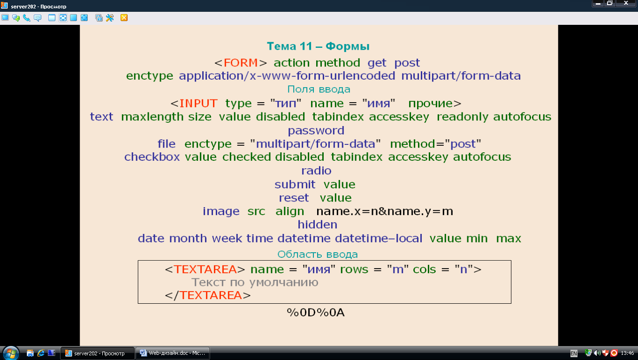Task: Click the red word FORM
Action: pyautogui.click(x=241, y=63)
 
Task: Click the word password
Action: pyautogui.click(x=316, y=131)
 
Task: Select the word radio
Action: pyautogui.click(x=316, y=171)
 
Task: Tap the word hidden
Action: pyautogui.click(x=317, y=225)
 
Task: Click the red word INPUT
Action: pyautogui.click(x=198, y=103)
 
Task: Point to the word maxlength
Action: pyautogui.click(x=152, y=117)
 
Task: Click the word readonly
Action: pyautogui.click(x=462, y=117)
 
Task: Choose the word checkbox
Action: pyautogui.click(x=152, y=157)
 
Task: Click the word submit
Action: pyautogui.click(x=295, y=184)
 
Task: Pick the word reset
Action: pyautogui.click(x=294, y=198)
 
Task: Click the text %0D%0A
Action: pyautogui.click(x=316, y=313)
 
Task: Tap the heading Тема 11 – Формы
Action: pyautogui.click(x=318, y=46)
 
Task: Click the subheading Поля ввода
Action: pyautogui.click(x=319, y=90)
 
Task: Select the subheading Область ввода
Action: pyautogui.click(x=318, y=254)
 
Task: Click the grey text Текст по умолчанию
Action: pyautogui.click(x=255, y=283)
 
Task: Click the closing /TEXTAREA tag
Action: pyautogui.click(x=208, y=295)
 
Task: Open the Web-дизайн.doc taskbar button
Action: pyautogui.click(x=173, y=353)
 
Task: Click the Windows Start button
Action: pyautogui.click(x=11, y=353)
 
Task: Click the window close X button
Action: pyautogui.click(x=626, y=3)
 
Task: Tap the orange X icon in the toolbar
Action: pyautogui.click(x=124, y=18)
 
